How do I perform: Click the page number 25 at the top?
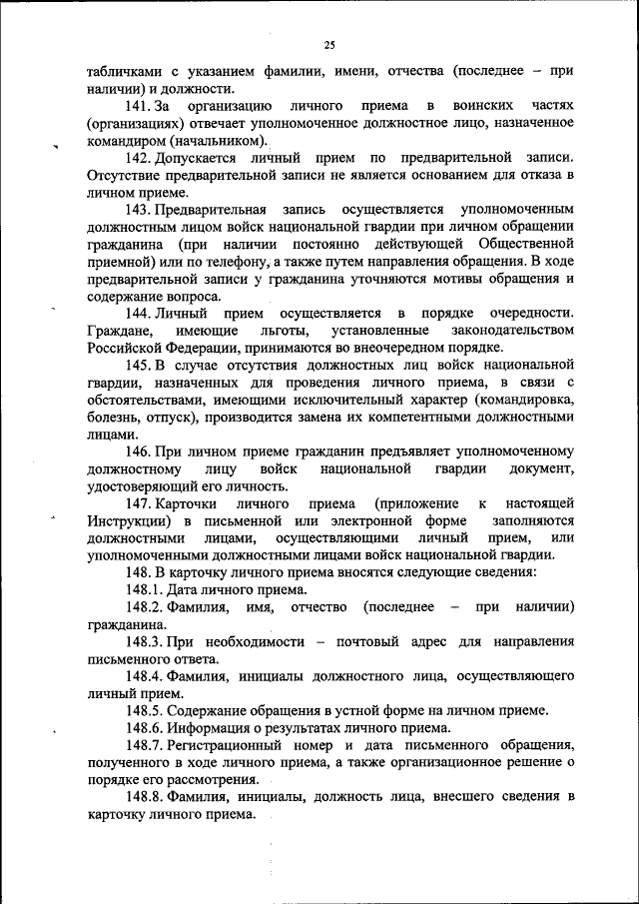coord(328,44)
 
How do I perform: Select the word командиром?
coord(130,141)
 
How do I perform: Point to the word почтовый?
coord(367,640)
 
